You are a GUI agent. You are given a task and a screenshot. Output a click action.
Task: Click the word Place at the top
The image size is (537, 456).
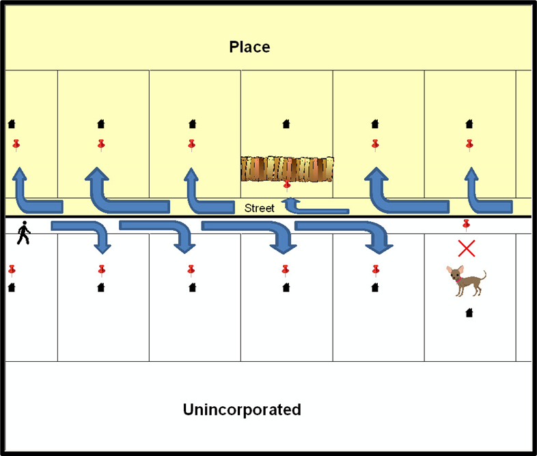249,47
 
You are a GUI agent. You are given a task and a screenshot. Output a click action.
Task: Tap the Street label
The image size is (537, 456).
260,208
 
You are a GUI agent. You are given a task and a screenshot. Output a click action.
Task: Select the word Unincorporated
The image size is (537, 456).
242,410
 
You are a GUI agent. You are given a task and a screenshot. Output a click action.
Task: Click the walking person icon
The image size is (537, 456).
23,233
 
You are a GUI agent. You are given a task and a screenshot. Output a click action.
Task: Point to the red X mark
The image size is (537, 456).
466,248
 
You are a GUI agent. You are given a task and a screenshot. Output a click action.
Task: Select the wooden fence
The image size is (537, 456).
287,169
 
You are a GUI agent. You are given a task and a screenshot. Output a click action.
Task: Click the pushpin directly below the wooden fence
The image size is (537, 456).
287,184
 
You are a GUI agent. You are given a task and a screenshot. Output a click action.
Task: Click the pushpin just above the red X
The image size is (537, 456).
467,224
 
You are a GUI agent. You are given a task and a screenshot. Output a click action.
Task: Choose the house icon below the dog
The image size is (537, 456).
469,313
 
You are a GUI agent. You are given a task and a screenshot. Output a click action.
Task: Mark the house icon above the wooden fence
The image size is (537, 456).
286,124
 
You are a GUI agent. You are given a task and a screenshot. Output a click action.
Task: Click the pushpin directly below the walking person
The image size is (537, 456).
12,270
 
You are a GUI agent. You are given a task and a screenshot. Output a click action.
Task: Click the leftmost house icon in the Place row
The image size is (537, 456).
12,124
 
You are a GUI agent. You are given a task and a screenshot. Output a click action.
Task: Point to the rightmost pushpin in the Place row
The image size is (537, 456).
469,145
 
